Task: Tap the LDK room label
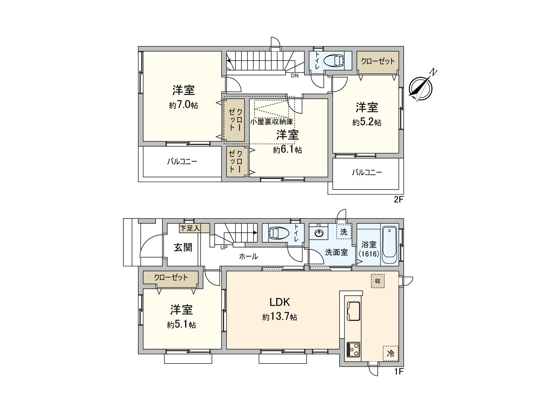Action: coord(280,302)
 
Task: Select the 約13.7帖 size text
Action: coord(280,317)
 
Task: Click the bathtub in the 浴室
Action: coord(389,246)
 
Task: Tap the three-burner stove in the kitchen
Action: coord(353,350)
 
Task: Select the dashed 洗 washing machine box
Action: coord(344,232)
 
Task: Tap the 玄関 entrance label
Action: coord(183,247)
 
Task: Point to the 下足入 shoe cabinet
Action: coord(190,228)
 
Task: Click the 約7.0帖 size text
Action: coord(183,105)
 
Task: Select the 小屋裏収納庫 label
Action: coord(272,122)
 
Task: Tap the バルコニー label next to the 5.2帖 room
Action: coord(367,173)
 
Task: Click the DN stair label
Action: coord(295,76)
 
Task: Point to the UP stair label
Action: coord(224,247)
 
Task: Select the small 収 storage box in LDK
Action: coord(378,281)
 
